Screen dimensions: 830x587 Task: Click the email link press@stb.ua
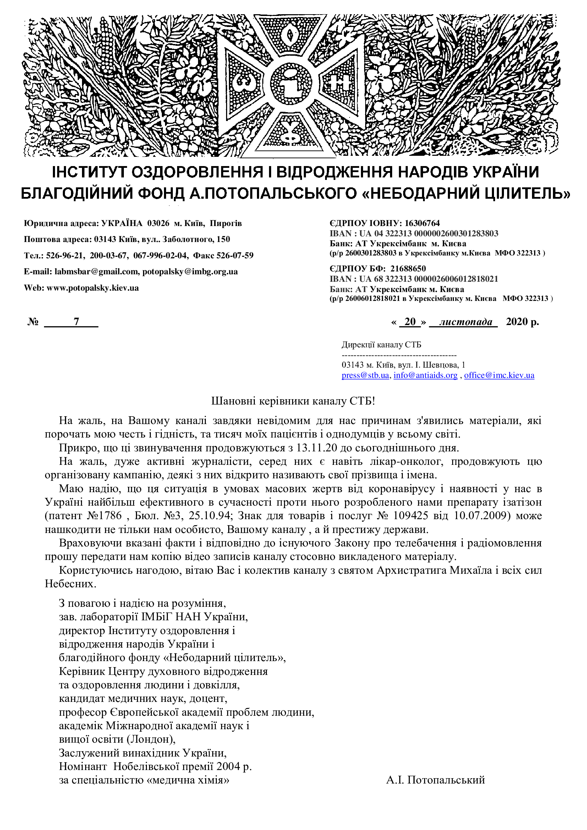click(x=365, y=375)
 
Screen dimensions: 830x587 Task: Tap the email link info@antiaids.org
click(x=426, y=375)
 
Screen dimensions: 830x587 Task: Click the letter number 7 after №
click(x=76, y=321)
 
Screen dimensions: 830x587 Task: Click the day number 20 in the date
click(x=410, y=321)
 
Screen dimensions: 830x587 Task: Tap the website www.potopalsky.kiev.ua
click(x=93, y=288)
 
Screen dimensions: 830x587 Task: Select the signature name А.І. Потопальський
click(x=435, y=780)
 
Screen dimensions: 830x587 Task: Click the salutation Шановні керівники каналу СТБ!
click(x=293, y=401)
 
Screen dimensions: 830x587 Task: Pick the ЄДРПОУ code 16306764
click(x=422, y=223)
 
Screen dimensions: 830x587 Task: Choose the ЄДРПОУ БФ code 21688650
click(x=408, y=269)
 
